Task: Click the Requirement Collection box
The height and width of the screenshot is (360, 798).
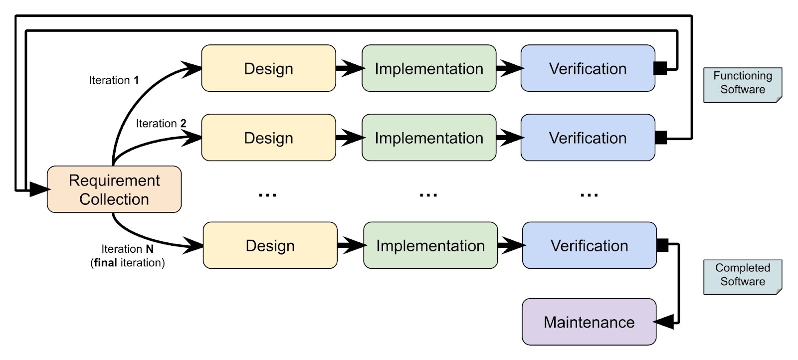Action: click(x=114, y=189)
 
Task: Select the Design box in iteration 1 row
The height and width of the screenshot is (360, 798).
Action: click(x=268, y=68)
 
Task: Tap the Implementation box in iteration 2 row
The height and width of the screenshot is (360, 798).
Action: click(x=429, y=138)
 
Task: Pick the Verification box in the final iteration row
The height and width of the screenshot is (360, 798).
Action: click(x=589, y=245)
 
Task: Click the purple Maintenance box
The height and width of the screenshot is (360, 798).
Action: click(x=589, y=322)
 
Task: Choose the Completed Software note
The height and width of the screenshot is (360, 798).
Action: click(x=742, y=276)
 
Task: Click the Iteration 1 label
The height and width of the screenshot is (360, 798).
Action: click(x=114, y=80)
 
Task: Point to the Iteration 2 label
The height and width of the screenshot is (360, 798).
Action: click(x=161, y=124)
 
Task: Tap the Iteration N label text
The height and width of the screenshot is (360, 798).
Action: click(x=127, y=249)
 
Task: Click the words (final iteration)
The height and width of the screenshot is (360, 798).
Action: click(x=127, y=263)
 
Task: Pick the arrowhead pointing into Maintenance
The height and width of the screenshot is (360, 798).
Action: click(x=664, y=322)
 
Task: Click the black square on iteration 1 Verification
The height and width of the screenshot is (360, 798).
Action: click(x=660, y=68)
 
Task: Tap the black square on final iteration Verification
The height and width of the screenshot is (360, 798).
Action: click(x=662, y=245)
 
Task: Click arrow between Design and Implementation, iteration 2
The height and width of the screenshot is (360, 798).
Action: click(x=349, y=138)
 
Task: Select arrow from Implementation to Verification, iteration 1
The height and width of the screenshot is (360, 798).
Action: click(x=509, y=68)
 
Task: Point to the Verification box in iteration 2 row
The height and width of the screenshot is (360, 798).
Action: click(x=588, y=138)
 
